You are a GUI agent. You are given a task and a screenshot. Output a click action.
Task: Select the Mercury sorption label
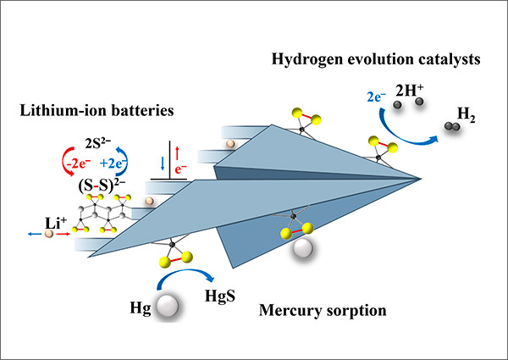coord(322,311)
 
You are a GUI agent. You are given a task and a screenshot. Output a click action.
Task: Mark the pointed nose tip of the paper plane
coord(421,179)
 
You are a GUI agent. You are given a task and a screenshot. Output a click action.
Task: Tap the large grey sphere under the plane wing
coord(301,247)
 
